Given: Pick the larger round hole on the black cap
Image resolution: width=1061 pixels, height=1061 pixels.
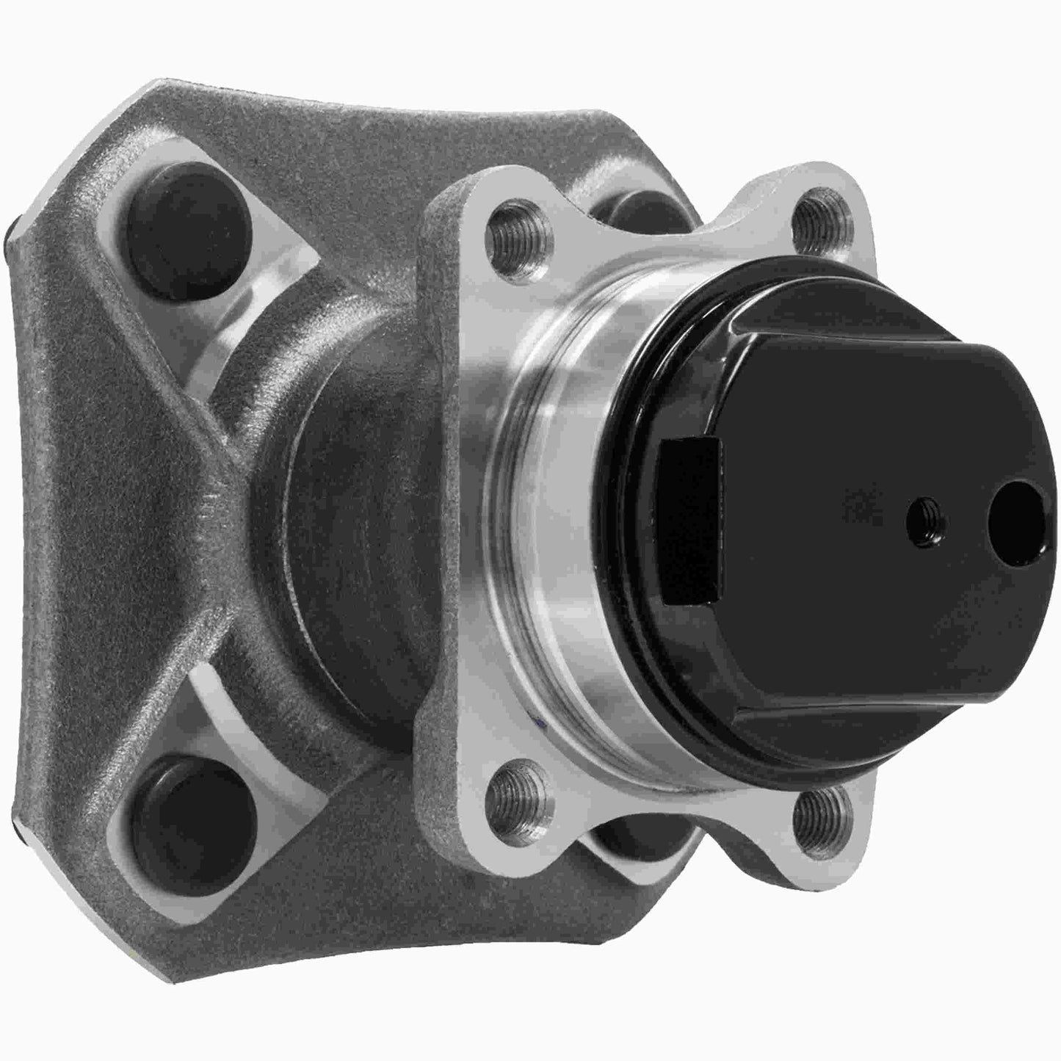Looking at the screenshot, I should [x=1014, y=510].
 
